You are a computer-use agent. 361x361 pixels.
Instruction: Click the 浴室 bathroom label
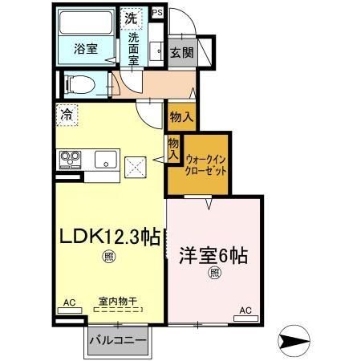(85, 48)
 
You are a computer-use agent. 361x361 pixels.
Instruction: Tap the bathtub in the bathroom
(87, 24)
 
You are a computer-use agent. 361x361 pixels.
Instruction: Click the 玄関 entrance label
(181, 52)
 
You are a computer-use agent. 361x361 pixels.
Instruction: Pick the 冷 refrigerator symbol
(67, 115)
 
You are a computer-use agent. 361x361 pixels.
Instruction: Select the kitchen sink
(104, 159)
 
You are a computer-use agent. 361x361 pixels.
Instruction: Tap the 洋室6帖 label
(213, 256)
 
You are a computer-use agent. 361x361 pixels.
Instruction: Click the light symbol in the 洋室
(215, 274)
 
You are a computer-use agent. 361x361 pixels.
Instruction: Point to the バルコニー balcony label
(117, 339)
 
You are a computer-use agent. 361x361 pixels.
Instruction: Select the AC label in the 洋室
(245, 310)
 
